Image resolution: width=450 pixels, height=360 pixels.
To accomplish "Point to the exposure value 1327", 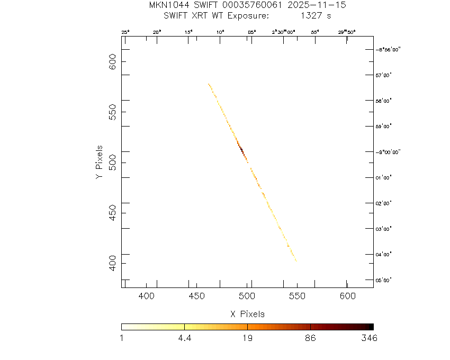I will point(310,16).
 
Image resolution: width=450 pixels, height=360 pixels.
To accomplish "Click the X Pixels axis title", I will point(247,314).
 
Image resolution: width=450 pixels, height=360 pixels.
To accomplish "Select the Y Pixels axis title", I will point(99,161).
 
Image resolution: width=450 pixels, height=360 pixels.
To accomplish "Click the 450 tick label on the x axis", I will point(197,295).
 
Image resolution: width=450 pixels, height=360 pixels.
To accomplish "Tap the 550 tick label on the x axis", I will point(297,295).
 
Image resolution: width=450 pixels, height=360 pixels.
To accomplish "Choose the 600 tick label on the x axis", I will point(347,295).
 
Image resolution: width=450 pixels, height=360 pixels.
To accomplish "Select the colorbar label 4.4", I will point(184,339).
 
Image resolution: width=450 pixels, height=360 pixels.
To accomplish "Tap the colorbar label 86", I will point(310,339).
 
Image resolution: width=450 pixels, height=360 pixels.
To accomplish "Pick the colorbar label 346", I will point(369,339).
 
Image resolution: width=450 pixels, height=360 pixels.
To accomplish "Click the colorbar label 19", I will point(247,339).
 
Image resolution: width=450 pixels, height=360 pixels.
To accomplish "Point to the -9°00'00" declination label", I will point(388,152).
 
